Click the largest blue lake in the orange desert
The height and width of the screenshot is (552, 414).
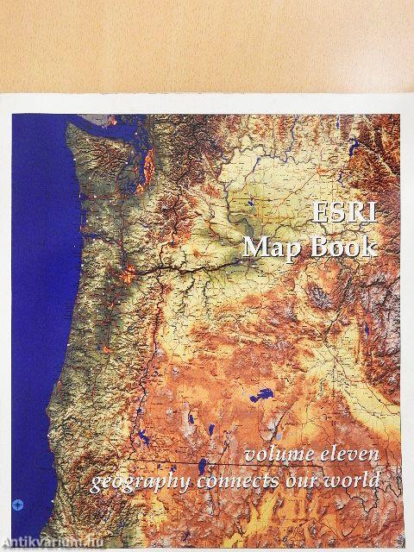click(x=257, y=398)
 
